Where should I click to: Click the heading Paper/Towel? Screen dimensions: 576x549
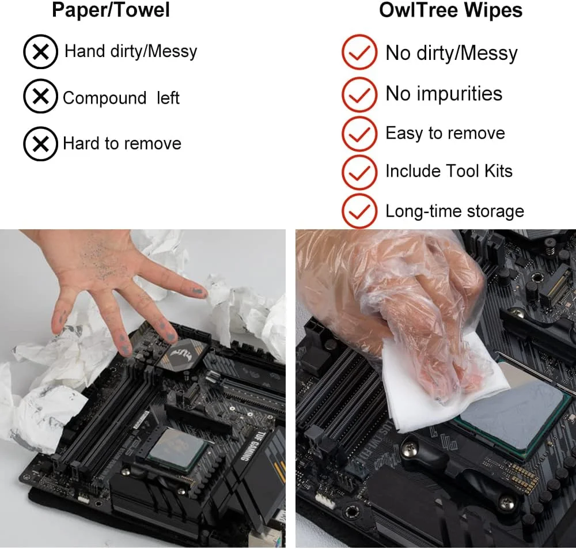tap(111, 10)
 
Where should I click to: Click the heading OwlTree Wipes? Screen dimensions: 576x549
tap(451, 10)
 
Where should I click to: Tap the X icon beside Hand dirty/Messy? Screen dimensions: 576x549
tap(40, 51)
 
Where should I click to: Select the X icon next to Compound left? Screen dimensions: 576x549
tap(40, 96)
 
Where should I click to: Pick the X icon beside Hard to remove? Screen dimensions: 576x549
tap(40, 143)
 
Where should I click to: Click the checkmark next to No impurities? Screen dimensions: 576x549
tap(359, 94)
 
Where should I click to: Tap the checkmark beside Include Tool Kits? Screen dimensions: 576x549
tap(359, 172)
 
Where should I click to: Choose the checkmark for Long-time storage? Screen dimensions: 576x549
tap(359, 211)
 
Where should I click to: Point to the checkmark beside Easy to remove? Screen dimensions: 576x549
tap(359, 134)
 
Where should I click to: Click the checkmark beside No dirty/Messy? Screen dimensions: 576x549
tap(359, 52)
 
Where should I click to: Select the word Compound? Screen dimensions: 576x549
tap(105, 99)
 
